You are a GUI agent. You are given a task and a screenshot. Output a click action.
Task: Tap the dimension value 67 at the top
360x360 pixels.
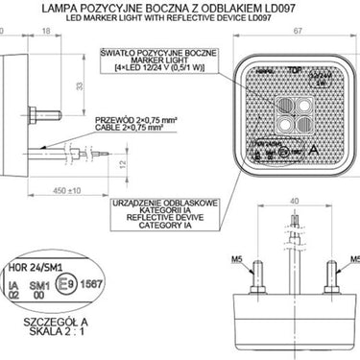(299, 33)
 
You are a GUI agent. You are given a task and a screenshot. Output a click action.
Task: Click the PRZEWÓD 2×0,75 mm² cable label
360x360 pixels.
(134, 121)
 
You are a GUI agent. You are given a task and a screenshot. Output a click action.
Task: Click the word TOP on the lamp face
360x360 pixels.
(295, 71)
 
